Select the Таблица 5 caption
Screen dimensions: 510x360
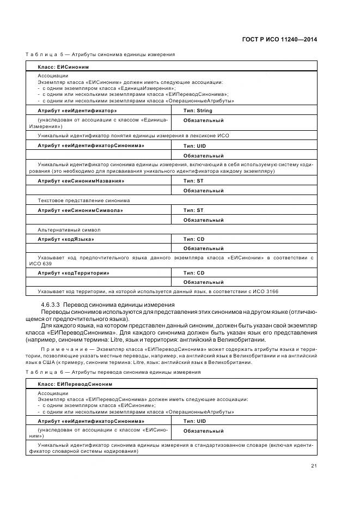point(100,55)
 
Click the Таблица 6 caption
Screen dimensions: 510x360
point(113,372)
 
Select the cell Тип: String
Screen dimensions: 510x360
point(197,110)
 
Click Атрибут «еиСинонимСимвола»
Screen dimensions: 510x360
point(80,210)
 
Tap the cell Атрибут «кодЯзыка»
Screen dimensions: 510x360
point(66,239)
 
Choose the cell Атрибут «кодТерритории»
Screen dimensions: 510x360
point(73,272)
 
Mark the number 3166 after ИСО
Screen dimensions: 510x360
point(271,292)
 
